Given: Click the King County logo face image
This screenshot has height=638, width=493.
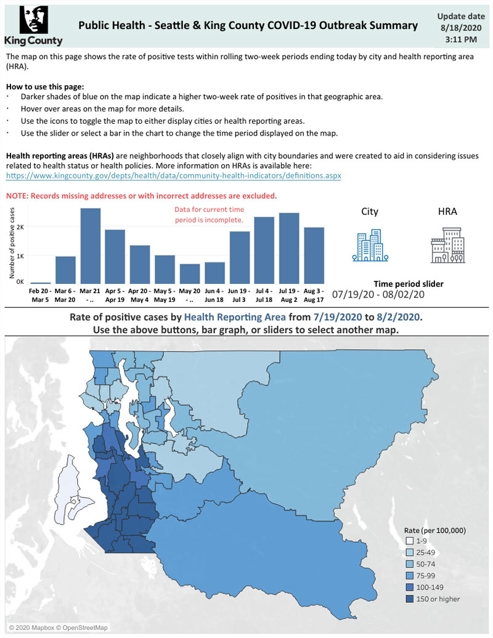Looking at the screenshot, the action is [34, 20].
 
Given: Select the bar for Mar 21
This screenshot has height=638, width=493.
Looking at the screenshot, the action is [91, 246].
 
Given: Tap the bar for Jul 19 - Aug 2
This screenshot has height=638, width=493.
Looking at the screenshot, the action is [289, 248].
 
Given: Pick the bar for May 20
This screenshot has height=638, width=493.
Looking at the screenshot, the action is [190, 273].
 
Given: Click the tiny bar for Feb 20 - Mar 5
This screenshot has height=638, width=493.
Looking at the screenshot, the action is [41, 283].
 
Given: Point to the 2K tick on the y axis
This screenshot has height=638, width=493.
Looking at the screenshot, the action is [20, 227].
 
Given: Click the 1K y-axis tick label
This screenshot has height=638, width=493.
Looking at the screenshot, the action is [20, 256].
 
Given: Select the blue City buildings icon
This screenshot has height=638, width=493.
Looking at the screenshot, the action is [370, 245].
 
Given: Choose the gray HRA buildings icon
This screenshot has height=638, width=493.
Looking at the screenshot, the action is [448, 245].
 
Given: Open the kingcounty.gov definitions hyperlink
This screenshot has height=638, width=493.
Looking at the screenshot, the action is [173, 176].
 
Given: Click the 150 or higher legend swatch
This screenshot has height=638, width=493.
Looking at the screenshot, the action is [410, 599].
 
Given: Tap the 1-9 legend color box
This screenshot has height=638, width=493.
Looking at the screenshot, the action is [410, 541].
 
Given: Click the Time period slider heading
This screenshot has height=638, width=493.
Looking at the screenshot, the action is [409, 284].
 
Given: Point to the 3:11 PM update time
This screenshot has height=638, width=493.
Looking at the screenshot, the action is [461, 39].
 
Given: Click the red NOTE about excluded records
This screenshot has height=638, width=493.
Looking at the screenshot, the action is [141, 196].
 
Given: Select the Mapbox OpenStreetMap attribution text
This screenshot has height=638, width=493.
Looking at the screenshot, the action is [58, 628].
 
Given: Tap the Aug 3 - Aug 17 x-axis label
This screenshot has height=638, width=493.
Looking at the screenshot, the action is [314, 296].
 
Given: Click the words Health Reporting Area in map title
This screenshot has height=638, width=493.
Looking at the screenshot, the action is [235, 317].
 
